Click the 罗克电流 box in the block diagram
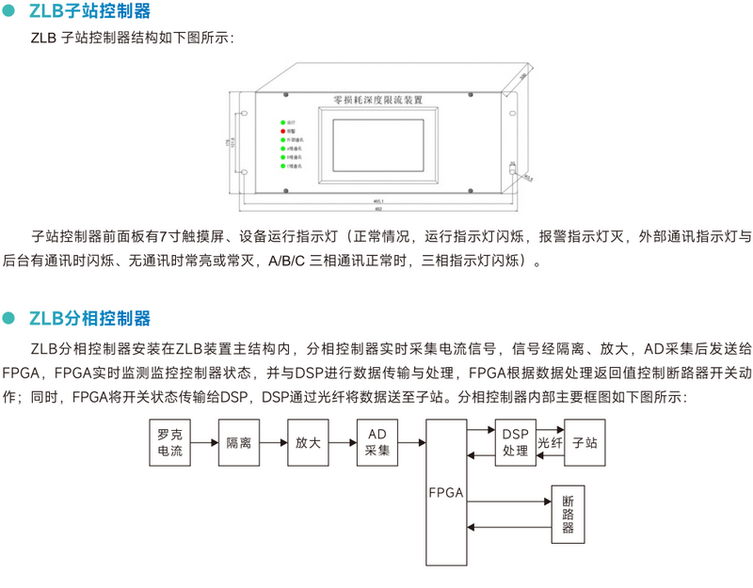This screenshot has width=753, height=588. click(170, 443)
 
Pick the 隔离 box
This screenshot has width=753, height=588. click(239, 442)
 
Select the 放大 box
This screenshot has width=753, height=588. click(308, 442)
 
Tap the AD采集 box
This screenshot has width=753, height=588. click(377, 442)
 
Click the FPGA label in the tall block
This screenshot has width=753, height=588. click(445, 494)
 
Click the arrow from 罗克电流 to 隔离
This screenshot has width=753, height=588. click(204, 442)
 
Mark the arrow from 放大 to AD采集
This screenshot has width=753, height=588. click(343, 442)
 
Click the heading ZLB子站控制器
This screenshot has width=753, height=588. click(89, 12)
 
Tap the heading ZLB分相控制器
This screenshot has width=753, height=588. click(89, 318)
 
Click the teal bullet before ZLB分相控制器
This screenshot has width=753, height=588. click(10, 318)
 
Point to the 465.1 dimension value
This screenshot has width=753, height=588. click(376, 200)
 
